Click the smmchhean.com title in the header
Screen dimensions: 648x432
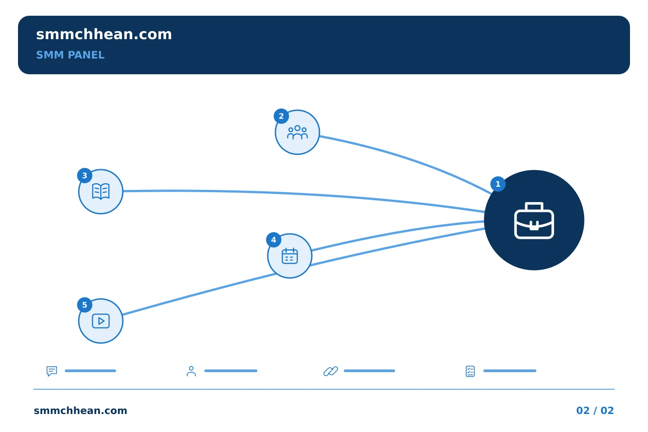[x=104, y=34]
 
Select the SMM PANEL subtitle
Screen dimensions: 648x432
[x=70, y=55]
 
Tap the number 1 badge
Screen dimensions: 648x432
[x=498, y=184]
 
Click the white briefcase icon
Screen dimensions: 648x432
[x=534, y=220]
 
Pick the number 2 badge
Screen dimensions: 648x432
[x=281, y=116]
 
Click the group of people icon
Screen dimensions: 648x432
[x=297, y=132]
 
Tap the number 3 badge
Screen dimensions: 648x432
[x=85, y=175]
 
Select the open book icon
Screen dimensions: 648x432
[x=101, y=192]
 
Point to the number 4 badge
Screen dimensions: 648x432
[x=274, y=240]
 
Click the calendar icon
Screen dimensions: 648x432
[x=290, y=256]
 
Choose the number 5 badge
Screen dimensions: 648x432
[x=85, y=305]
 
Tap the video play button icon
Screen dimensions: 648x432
[x=101, y=321]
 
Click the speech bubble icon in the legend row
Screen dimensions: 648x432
[x=52, y=371]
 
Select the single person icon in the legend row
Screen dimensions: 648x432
[x=191, y=371]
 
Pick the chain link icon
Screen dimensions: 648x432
[x=331, y=371]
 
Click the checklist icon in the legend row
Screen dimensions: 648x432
[x=470, y=371]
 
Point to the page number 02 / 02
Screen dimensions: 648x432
[x=595, y=410]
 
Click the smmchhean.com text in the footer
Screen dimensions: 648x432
[x=81, y=410]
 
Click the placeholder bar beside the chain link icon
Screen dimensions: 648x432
[x=369, y=371]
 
